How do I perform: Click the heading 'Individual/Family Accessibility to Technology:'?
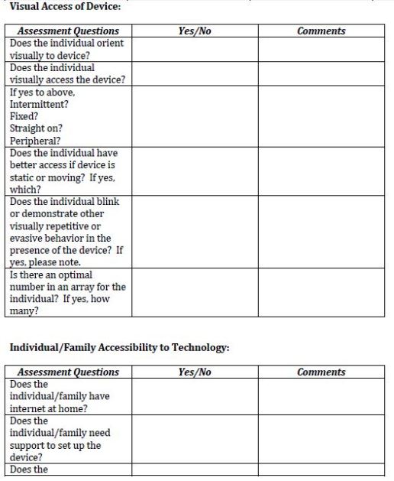(119, 347)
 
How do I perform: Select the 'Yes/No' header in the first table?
(194, 31)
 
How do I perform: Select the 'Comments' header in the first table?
(321, 31)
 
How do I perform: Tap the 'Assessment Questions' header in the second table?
(68, 372)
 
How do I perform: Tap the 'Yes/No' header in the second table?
(194, 372)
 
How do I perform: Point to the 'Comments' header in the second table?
(321, 372)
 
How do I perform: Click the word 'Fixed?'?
(24, 116)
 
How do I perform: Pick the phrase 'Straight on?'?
(36, 128)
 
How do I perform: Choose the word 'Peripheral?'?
(34, 141)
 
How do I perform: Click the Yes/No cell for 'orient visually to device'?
(194, 49)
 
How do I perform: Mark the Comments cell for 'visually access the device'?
(321, 73)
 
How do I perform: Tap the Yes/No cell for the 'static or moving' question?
(194, 171)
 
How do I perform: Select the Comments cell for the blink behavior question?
(321, 232)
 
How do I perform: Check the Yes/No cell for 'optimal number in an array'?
(194, 292)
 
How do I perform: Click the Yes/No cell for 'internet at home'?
(194, 396)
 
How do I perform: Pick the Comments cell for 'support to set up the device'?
(321, 439)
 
